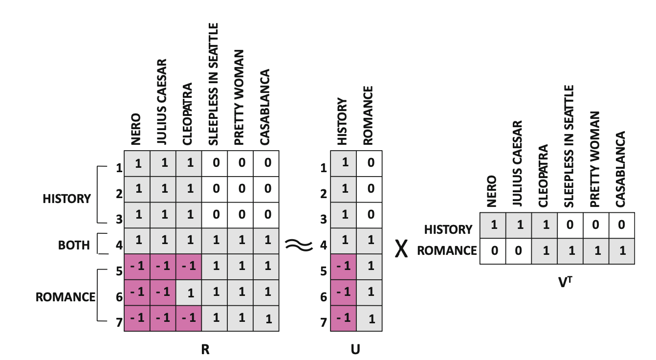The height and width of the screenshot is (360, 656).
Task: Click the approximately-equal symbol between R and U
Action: pyautogui.click(x=299, y=245)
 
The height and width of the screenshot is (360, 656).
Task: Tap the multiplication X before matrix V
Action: pyautogui.click(x=401, y=248)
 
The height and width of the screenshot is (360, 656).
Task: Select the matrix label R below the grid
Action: pyautogui.click(x=205, y=349)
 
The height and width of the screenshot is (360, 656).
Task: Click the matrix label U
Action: pyautogui.click(x=355, y=349)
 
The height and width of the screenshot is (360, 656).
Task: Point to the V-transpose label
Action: pyautogui.click(x=565, y=282)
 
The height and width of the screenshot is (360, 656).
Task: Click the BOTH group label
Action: pyautogui.click(x=74, y=246)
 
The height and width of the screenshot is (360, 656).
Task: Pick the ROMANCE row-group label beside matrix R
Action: pyautogui.click(x=66, y=297)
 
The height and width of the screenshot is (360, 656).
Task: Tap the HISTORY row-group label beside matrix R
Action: pyautogui.click(x=67, y=199)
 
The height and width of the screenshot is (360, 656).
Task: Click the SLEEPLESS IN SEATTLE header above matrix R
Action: pyautogui.click(x=214, y=85)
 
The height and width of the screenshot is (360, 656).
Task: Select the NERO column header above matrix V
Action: pyautogui.click(x=492, y=191)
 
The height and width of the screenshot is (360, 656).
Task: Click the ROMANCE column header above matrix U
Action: pyautogui.click(x=368, y=116)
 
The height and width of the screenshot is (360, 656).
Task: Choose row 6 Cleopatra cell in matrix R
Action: pyautogui.click(x=189, y=293)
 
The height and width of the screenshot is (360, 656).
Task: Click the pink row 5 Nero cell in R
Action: pyautogui.click(x=137, y=267)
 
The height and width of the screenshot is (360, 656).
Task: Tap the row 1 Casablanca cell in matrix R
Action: pyautogui.click(x=266, y=163)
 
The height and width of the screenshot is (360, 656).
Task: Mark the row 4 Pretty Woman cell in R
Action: pyautogui.click(x=241, y=241)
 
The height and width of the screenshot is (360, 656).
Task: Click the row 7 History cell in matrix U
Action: pyautogui.click(x=344, y=318)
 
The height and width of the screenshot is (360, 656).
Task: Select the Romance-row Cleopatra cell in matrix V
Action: pyautogui.click(x=545, y=251)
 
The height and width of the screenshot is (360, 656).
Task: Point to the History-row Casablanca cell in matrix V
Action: pyautogui.click(x=622, y=225)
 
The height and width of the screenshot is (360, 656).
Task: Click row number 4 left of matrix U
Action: pyautogui.click(x=323, y=245)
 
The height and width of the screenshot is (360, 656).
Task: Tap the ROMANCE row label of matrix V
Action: pyautogui.click(x=447, y=250)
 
